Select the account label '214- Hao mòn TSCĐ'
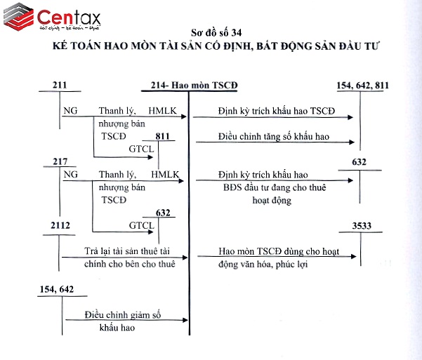tap(194, 86)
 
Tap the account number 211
tap(60, 86)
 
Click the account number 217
tap(60, 161)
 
